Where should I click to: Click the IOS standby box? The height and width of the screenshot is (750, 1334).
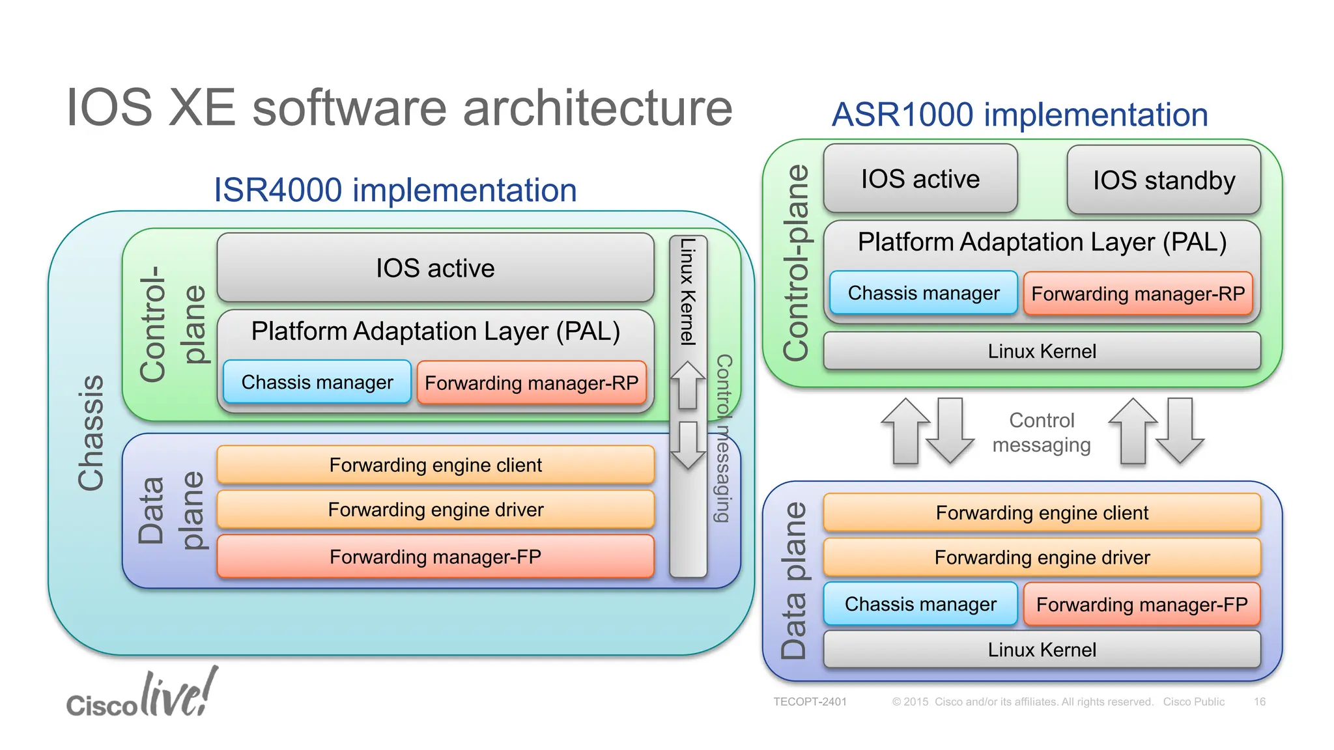[x=1164, y=180]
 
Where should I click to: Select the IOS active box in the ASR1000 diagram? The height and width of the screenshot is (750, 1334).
[x=920, y=178]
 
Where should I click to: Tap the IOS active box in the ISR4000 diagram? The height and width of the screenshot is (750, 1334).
[x=435, y=268]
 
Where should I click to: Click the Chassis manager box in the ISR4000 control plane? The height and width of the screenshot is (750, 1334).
[x=317, y=382]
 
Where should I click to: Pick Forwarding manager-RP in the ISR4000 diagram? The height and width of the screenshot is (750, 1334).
[x=532, y=383]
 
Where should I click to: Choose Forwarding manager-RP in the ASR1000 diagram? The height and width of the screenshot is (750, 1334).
[x=1138, y=294]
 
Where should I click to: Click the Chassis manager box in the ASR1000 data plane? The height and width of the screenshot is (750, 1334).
[x=920, y=604]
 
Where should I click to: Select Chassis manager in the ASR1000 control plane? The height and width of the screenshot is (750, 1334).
[x=924, y=293]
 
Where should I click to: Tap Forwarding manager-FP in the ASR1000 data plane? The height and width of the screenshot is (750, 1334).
[x=1142, y=604]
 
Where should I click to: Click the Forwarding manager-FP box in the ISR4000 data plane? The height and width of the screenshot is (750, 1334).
[x=435, y=557]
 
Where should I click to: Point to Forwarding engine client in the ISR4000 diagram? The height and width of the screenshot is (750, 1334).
[x=435, y=465]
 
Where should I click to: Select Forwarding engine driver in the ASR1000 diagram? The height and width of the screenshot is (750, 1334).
[x=1042, y=557]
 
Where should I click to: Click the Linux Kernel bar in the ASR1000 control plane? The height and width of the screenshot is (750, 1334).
[x=1042, y=351]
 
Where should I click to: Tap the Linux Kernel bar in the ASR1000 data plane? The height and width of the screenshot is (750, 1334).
[x=1042, y=649]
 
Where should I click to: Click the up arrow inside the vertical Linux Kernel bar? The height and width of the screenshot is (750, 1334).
[x=688, y=385]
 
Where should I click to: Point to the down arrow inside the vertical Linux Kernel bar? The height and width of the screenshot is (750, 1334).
[x=688, y=445]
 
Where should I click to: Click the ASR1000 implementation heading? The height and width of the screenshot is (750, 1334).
[x=1020, y=115]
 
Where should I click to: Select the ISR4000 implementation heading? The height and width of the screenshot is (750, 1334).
[x=395, y=190]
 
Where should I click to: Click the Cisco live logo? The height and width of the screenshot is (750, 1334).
[x=142, y=693]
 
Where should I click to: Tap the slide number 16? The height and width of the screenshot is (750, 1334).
[x=1260, y=702]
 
